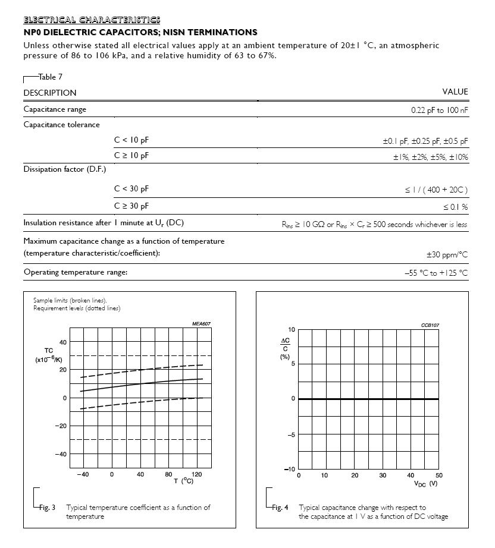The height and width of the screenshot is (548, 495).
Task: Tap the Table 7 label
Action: [50, 77]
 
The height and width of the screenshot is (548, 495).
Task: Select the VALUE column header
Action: [455, 92]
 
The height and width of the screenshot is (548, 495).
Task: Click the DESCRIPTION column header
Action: [50, 93]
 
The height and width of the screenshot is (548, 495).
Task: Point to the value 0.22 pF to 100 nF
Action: [439, 110]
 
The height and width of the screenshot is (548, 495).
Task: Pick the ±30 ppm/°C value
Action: [447, 254]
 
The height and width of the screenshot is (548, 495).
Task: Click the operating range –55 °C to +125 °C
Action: [436, 273]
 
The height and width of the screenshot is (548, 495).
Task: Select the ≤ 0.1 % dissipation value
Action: [455, 206]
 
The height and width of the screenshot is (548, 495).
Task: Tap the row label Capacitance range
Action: [55, 109]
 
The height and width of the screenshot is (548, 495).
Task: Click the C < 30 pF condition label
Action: [131, 189]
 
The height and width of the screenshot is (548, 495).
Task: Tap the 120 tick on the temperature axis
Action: [198, 474]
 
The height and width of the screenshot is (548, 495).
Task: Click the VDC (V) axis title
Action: [425, 483]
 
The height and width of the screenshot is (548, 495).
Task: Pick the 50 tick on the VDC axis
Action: [439, 475]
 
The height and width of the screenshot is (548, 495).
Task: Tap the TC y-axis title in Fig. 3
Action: [49, 351]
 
